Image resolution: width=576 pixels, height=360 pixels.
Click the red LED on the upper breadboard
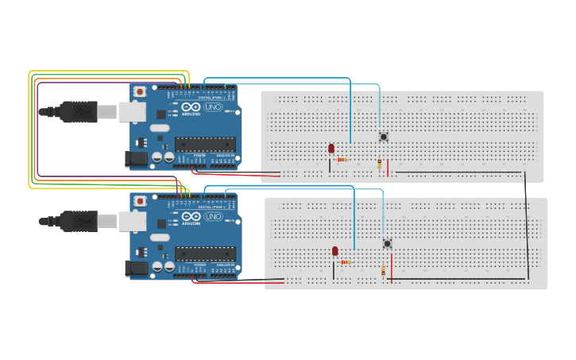click(331, 149)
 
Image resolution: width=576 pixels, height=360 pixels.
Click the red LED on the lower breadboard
click(335, 252)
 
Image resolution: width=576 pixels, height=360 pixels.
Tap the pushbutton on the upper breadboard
click(384, 137)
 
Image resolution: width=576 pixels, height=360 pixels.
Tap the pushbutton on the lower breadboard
click(387, 243)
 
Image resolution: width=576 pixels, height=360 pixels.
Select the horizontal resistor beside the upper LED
click(342, 160)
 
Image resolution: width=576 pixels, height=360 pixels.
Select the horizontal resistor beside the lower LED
click(346, 262)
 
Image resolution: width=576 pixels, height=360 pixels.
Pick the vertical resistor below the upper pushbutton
click(380, 164)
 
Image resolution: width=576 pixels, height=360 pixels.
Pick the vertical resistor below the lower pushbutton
click(384, 271)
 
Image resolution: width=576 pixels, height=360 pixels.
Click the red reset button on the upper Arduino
click(140, 92)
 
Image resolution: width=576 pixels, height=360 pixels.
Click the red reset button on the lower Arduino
click(140, 201)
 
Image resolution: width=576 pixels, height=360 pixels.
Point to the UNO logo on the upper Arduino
click(213, 107)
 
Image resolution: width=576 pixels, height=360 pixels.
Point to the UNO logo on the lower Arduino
click(213, 216)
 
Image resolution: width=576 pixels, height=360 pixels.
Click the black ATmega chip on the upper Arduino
click(205, 144)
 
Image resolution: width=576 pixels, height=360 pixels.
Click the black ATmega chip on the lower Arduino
click(205, 254)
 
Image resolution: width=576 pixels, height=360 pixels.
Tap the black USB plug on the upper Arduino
click(79, 112)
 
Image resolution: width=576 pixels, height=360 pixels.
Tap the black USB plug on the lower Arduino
click(79, 221)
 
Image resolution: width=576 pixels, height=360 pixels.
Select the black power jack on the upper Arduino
click(137, 159)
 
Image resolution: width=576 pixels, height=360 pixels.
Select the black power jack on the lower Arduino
click(137, 269)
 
